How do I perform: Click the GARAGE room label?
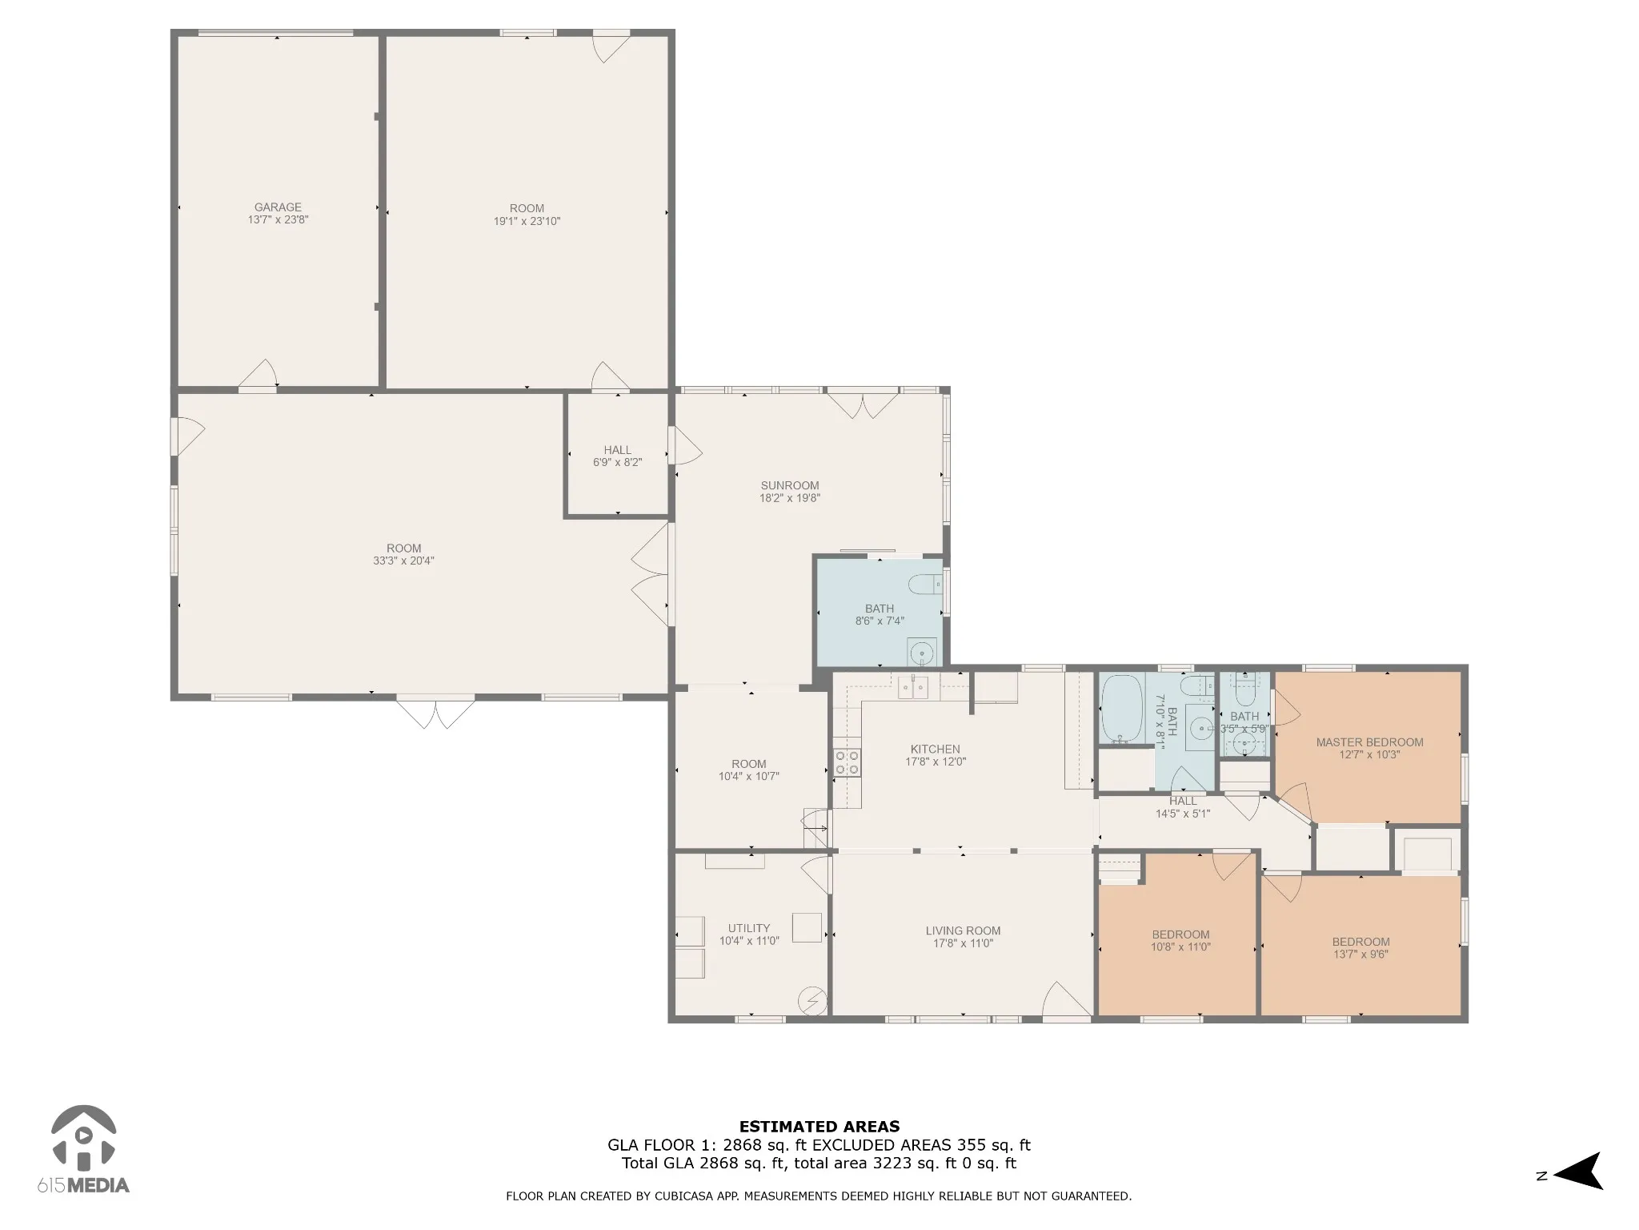(x=278, y=207)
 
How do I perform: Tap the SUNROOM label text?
(x=790, y=485)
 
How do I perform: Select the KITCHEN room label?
(x=936, y=750)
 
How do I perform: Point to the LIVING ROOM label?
(x=963, y=931)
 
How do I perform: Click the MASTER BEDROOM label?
(x=1369, y=742)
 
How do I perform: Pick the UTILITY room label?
(x=749, y=929)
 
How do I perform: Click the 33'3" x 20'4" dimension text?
(x=403, y=561)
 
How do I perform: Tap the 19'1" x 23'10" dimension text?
(x=527, y=221)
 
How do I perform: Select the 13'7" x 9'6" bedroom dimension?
(x=1360, y=954)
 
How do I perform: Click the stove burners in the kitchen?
(x=847, y=762)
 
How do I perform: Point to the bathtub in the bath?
(x=1121, y=709)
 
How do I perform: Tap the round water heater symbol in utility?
(x=813, y=1001)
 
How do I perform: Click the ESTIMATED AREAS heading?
(x=819, y=1127)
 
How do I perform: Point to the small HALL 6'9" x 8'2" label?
(x=617, y=456)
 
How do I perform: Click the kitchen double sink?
(x=913, y=686)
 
